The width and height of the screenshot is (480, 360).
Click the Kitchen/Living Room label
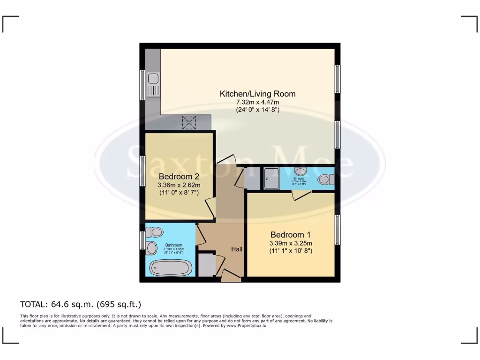pos(258,94)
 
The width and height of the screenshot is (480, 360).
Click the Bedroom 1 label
pos(290,234)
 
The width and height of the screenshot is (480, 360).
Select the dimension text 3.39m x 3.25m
pos(290,243)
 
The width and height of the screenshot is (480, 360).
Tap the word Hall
pos(236,249)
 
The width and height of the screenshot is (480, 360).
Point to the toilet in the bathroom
pos(154,232)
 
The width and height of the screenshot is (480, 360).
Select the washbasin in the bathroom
pos(152,248)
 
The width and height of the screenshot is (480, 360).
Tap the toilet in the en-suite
pos(325,180)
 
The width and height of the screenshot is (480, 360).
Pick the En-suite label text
pos(298,179)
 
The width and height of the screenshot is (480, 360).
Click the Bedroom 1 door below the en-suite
pos(298,195)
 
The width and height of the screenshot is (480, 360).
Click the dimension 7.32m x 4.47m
pos(258,102)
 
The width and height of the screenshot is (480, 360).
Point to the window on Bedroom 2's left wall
pos(142,171)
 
